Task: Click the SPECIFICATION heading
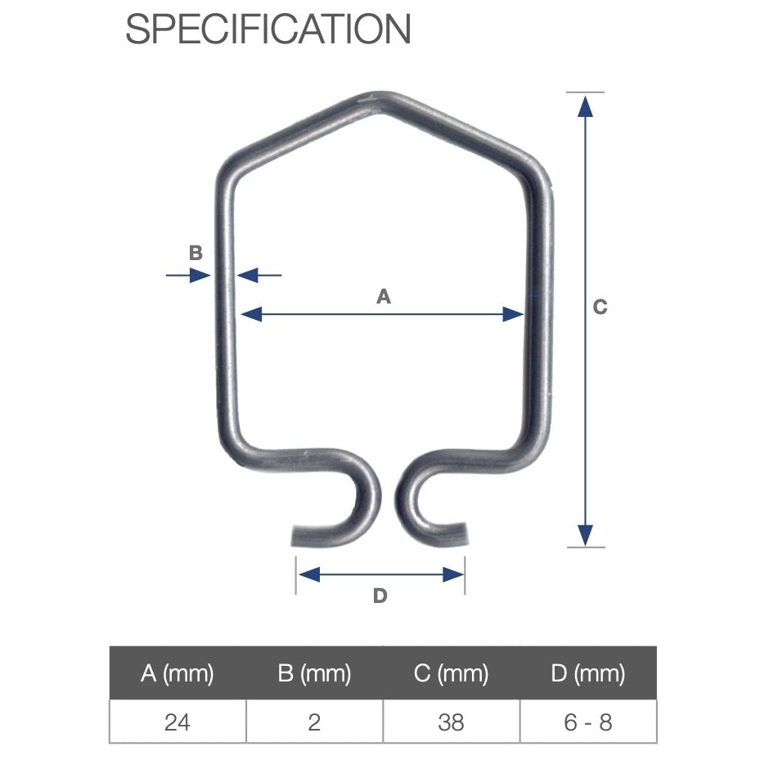point(268,29)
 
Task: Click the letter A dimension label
point(383,298)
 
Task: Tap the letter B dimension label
point(196,253)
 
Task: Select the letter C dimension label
point(600,308)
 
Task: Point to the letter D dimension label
point(380,596)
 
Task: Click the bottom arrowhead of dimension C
point(584,535)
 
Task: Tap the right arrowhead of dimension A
point(514,313)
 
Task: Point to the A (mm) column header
point(178,673)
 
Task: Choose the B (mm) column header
point(314,673)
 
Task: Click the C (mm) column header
point(451,673)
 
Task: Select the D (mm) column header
point(587,673)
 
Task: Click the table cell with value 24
point(178,722)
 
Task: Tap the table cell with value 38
point(451,722)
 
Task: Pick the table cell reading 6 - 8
point(587,722)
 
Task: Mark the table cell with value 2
point(314,722)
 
